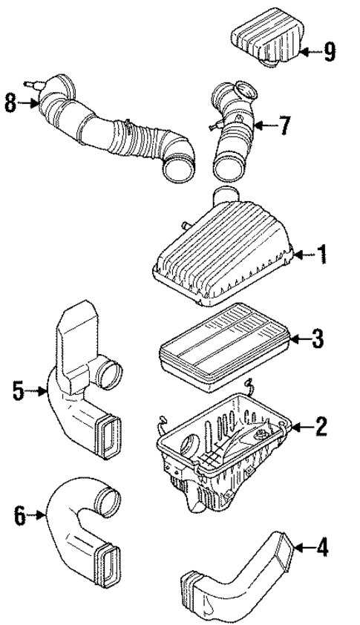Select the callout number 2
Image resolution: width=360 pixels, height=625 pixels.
tap(321, 426)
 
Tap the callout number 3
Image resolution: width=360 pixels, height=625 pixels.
tap(318, 340)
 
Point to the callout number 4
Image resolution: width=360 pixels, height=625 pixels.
tap(321, 549)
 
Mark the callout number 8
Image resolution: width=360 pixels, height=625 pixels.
tap(10, 103)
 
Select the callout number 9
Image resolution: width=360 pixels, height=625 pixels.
tap(329, 51)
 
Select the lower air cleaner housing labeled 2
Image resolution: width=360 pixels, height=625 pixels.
tap(223, 445)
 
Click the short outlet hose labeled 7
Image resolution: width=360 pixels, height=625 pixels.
tap(234, 141)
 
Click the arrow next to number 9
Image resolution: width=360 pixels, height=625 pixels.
tap(310, 51)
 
